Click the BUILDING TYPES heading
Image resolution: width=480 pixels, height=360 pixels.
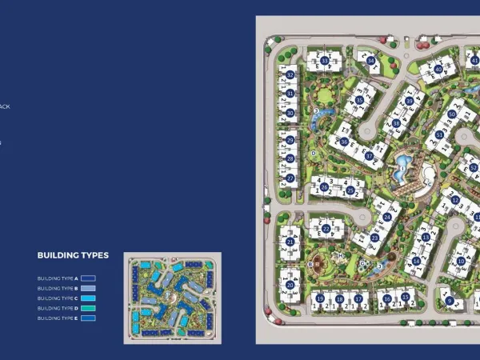tap(73, 255)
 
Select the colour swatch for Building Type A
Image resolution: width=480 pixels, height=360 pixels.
tap(88, 278)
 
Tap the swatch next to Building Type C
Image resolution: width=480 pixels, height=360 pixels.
tap(88, 298)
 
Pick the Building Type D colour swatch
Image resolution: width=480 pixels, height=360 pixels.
tap(88, 308)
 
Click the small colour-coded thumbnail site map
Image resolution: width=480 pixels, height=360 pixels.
tap(172, 298)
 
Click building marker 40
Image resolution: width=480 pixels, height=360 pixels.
tap(438, 70)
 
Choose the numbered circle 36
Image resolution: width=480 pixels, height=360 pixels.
tap(344, 142)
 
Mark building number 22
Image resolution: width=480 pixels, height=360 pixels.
tap(326, 229)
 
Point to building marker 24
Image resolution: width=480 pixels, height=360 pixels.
tap(388, 216)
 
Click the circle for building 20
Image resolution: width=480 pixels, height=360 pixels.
tap(290, 285)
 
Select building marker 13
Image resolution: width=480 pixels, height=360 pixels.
tap(425, 237)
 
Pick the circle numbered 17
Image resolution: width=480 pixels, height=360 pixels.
tap(358, 299)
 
